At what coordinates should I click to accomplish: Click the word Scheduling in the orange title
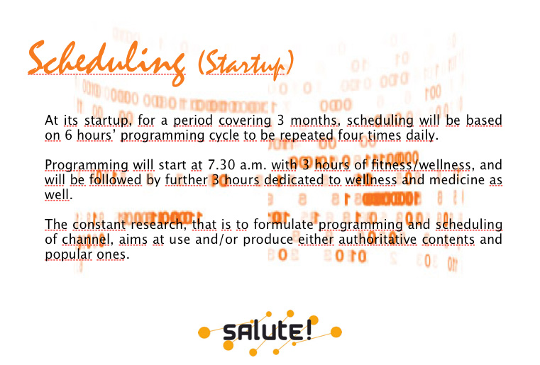click(x=106, y=61)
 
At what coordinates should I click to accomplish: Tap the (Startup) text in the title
click(x=246, y=64)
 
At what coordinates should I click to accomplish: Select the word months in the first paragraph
click(x=314, y=120)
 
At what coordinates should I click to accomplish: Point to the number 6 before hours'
click(x=68, y=135)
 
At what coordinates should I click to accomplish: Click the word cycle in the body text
click(x=224, y=135)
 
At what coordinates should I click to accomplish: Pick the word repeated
click(x=306, y=135)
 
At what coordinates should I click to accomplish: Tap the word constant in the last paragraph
click(x=99, y=225)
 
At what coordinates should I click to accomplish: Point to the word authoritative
click(x=378, y=240)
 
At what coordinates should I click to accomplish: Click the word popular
click(x=68, y=255)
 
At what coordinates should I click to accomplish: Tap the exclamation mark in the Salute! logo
click(x=309, y=330)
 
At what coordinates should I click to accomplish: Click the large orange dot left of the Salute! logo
click(x=204, y=332)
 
